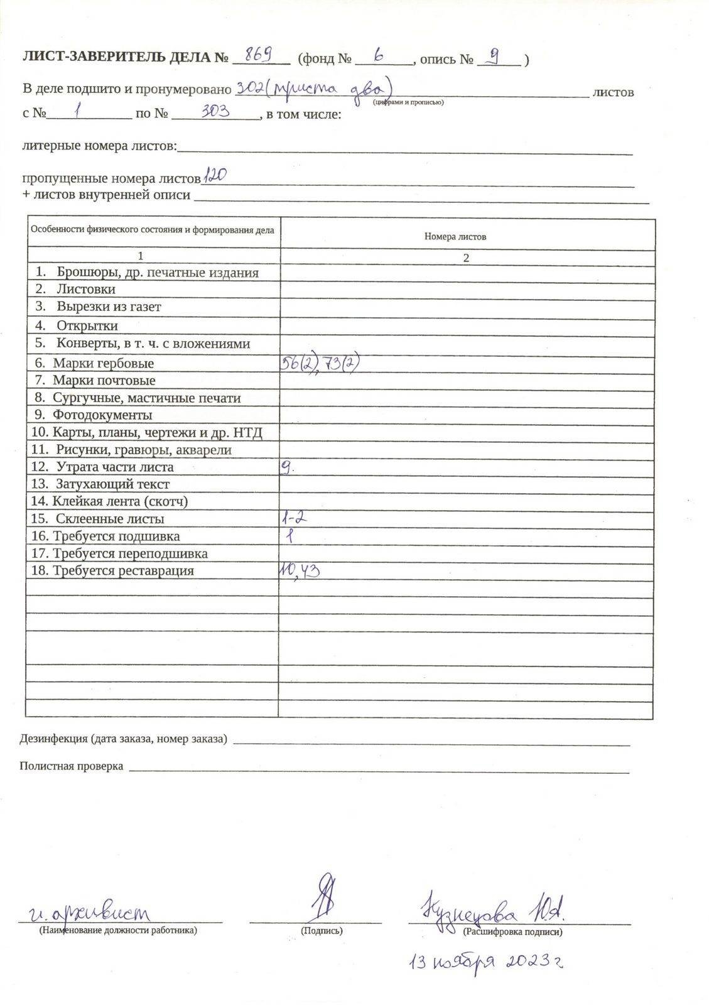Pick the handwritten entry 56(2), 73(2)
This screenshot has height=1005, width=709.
coord(322,363)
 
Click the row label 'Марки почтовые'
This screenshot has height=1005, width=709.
coord(104,381)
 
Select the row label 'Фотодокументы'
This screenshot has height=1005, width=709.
coord(102,415)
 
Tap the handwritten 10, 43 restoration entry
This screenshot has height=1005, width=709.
coord(300,570)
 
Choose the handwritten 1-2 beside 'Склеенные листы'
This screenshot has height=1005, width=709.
coord(294,518)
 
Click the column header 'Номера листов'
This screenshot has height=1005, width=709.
coord(455,237)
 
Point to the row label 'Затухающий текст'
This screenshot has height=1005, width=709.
coord(112,484)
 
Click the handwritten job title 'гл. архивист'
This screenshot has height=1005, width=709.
coord(91,912)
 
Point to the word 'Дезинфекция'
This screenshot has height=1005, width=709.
coord(53,739)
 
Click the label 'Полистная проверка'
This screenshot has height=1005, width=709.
coord(71,766)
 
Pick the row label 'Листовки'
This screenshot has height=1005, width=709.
coord(85,290)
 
